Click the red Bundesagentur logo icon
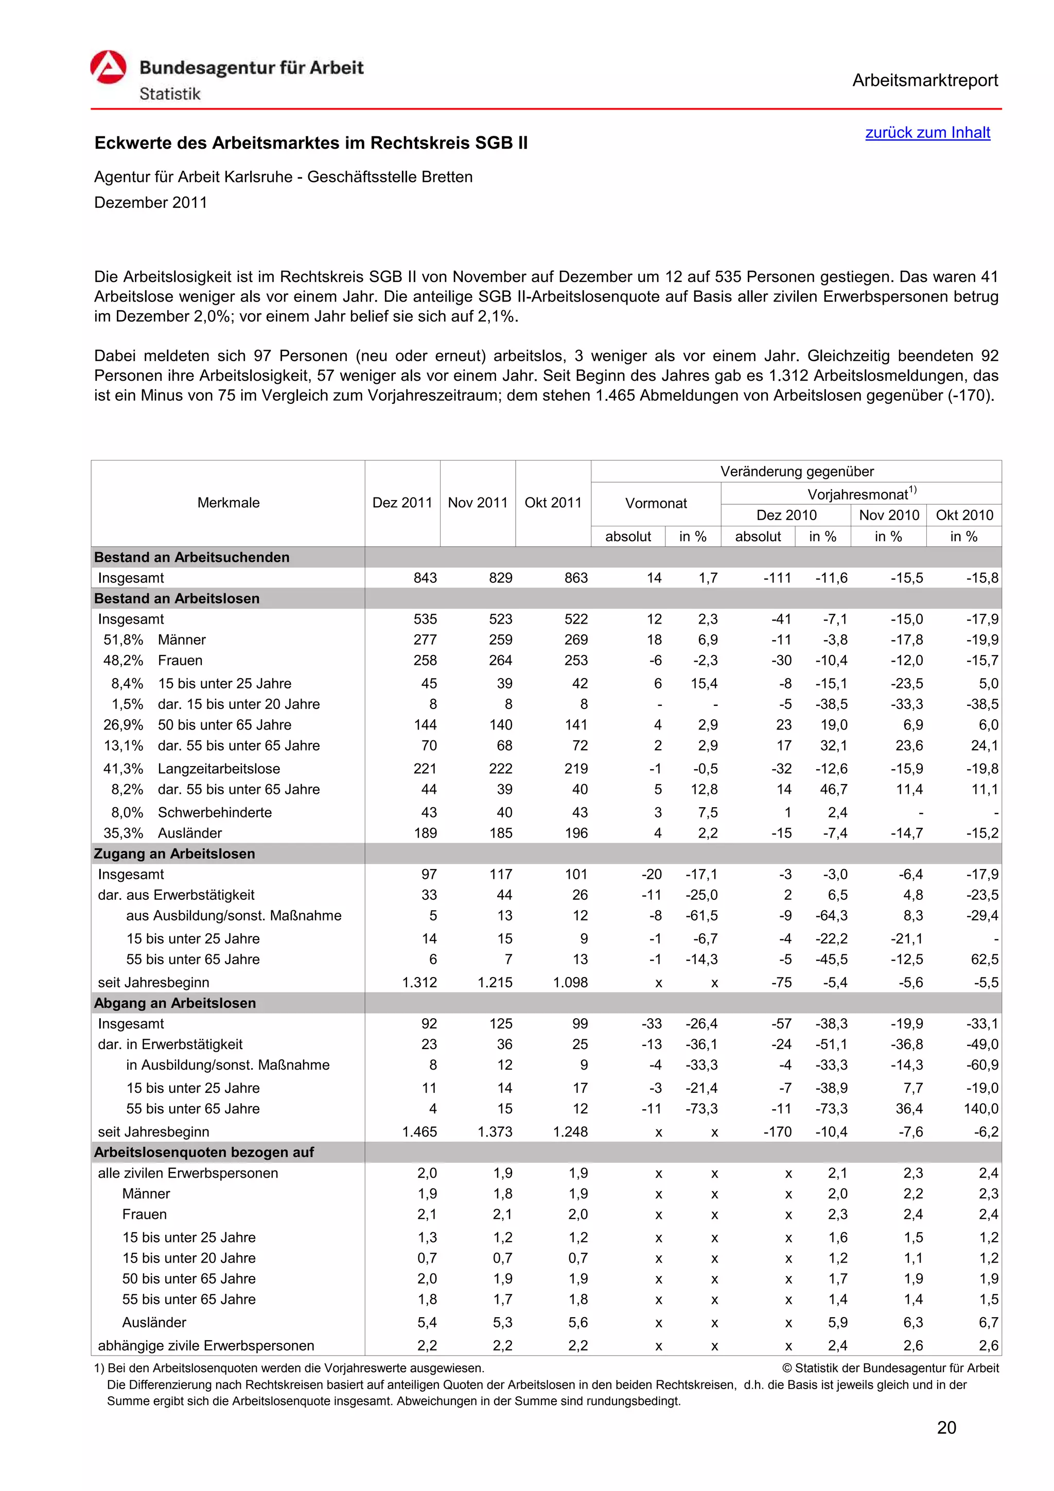coord(108,67)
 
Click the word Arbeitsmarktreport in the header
coord(925,81)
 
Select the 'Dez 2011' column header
coord(402,503)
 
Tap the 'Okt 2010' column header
coord(964,515)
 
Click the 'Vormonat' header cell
coord(655,503)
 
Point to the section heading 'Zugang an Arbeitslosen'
coord(174,854)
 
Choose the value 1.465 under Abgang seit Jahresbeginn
coord(419,1132)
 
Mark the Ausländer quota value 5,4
coord(427,1322)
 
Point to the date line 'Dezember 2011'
coord(151,203)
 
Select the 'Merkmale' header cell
coord(228,503)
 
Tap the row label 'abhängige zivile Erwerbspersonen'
coord(206,1345)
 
